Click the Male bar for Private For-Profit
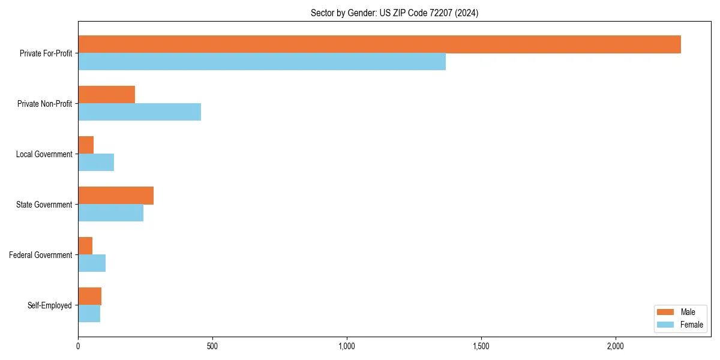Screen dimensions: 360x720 pos(379,44)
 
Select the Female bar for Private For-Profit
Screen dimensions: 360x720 pos(262,62)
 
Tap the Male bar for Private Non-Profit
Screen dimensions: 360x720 pos(106,94)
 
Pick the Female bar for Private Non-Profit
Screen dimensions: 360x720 pos(139,112)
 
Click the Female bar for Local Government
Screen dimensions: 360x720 pos(96,163)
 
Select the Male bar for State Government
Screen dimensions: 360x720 pos(116,196)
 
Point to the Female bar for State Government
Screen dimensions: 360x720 pos(110,213)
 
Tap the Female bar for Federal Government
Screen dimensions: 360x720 pos(92,263)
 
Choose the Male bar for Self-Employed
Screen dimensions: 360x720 pos(89,296)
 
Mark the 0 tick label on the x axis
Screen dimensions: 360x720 pos(78,346)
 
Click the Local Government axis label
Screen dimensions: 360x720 pos(44,154)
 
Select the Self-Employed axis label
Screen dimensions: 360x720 pos(49,305)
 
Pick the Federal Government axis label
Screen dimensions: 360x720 pos(40,255)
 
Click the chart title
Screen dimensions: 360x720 pos(394,13)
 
